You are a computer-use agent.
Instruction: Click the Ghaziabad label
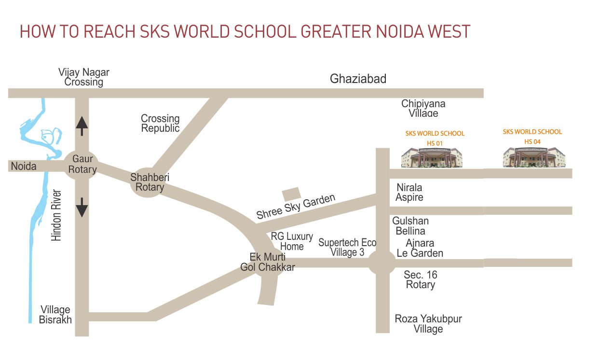tap(358, 79)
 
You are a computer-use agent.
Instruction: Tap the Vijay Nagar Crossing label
tap(84, 77)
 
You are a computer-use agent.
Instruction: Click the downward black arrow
tap(82, 207)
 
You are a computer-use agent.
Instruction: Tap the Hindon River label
tap(57, 216)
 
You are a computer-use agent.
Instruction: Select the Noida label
tap(24, 166)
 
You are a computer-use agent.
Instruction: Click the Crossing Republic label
tap(160, 123)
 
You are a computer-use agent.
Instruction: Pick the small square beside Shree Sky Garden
tap(291, 194)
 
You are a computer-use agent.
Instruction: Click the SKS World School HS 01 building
tap(432, 157)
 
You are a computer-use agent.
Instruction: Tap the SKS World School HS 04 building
tap(533, 157)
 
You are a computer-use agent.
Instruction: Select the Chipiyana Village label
tap(423, 109)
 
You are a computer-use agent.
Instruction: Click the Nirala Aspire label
tap(409, 192)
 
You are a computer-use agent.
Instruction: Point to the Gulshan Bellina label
tap(410, 226)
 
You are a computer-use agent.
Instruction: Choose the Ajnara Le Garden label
tap(420, 248)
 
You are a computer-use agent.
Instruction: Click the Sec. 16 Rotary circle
tap(382, 263)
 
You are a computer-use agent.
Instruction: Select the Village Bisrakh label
tap(55, 315)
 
